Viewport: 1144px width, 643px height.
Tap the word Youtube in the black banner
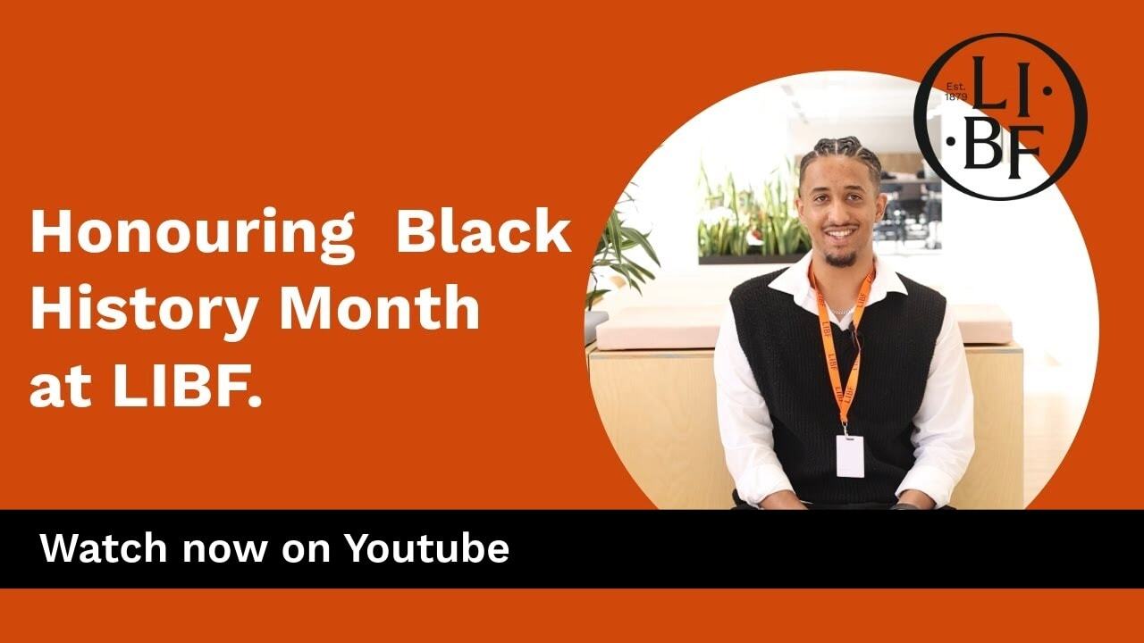427,548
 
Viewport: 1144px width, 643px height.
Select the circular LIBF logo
1001,116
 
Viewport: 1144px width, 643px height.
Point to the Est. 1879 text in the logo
956,91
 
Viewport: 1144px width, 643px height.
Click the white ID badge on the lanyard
849,455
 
